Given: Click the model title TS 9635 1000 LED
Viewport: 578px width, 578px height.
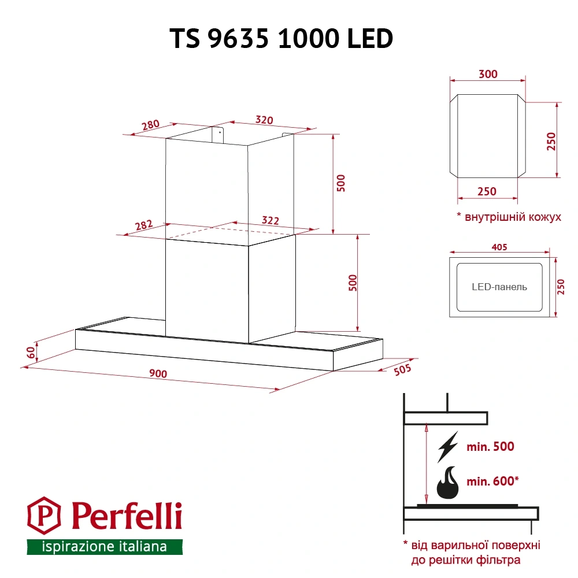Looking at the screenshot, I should pos(281,39).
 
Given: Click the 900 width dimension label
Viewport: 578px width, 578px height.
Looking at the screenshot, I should pos(158,374).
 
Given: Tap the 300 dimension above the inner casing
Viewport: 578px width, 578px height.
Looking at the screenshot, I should pos(488,74).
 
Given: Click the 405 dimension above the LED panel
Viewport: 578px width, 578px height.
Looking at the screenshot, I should pos(499,247).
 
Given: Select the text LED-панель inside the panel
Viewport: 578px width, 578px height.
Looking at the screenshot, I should pos(499,287).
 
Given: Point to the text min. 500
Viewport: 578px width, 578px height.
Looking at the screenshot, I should pos(490,447).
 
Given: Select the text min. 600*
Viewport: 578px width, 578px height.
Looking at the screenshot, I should pos(493,481).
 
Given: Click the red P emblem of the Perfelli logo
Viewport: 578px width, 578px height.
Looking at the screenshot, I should pos(45,514).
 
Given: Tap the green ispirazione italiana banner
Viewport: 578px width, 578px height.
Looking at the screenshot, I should pos(105,546).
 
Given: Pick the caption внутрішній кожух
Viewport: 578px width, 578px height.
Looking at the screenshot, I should pos(509,217).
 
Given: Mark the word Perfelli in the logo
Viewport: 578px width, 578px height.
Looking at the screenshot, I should pos(127,514).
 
